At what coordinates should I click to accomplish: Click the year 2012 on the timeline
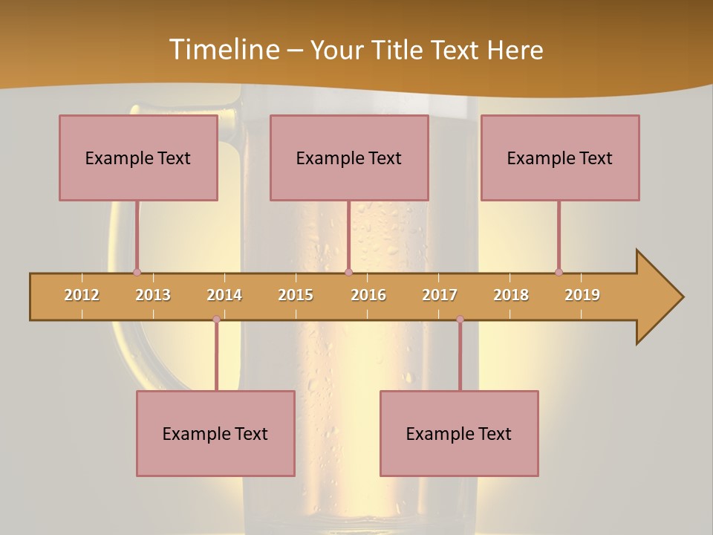pos(82,295)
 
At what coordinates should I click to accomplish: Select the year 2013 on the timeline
pos(153,295)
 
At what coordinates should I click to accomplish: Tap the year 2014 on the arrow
pos(224,295)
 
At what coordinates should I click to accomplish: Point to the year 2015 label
pos(296,295)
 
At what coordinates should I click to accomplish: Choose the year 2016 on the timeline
pos(368,295)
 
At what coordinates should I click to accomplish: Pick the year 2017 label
pos(440,295)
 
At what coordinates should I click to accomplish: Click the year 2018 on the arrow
pos(511,295)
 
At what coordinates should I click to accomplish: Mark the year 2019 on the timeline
pos(582,295)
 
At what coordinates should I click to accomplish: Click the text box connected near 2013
pos(138,158)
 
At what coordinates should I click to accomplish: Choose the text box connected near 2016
pos(349,158)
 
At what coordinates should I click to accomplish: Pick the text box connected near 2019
pos(560,158)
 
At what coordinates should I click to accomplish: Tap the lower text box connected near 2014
pos(215,433)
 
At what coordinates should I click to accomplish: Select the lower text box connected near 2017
pos(459,433)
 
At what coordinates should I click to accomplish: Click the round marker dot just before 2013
pos(137,272)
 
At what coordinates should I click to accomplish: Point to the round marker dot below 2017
pos(460,320)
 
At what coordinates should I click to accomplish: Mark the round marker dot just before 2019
pos(559,272)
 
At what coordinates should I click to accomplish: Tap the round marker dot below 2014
pos(216,320)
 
